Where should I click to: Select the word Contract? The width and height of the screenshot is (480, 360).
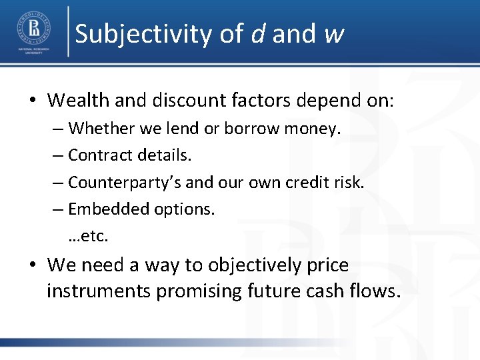pyautogui.click(x=99, y=155)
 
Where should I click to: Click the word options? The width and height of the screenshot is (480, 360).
pyautogui.click(x=185, y=209)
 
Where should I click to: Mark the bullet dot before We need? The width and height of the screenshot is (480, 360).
pyautogui.click(x=33, y=265)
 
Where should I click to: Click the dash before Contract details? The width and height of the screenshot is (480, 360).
pyautogui.click(x=59, y=155)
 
